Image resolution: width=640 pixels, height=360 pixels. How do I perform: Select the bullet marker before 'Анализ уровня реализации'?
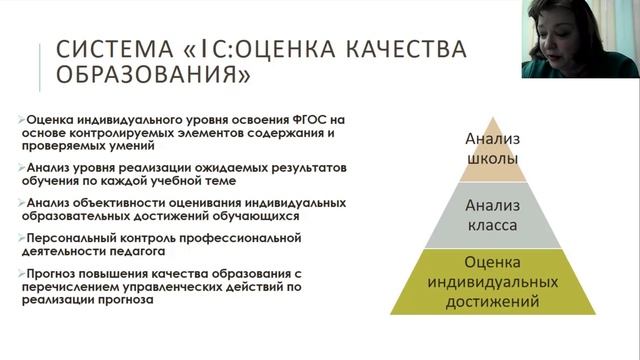23,168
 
